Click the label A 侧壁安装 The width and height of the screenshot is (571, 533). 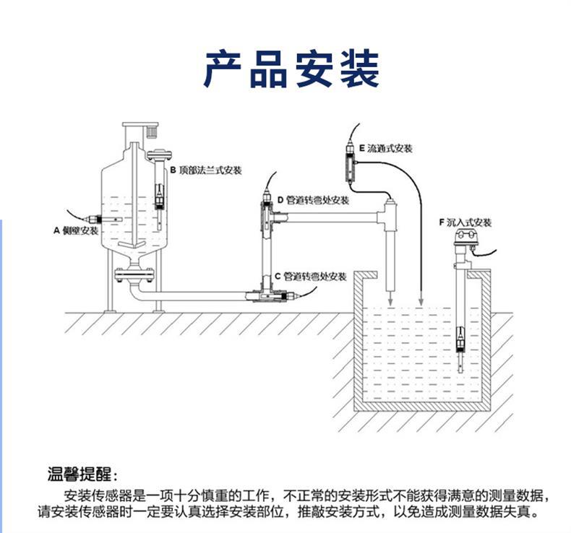75,231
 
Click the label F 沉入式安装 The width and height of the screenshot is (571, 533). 464,223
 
